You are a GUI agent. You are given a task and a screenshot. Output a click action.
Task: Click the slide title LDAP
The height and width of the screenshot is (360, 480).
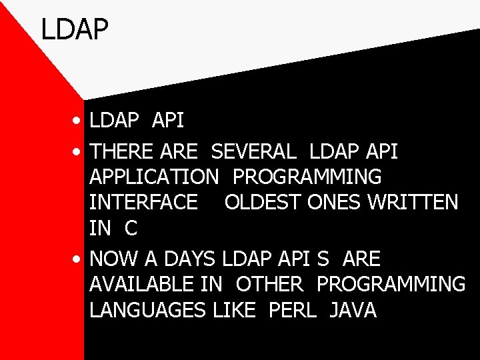point(74,30)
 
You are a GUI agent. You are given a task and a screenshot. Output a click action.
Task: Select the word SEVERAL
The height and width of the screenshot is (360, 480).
point(253,152)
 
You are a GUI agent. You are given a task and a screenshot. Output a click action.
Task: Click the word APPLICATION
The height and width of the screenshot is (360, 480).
point(153,177)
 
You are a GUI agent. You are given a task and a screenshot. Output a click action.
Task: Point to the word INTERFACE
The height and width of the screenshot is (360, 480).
point(143,203)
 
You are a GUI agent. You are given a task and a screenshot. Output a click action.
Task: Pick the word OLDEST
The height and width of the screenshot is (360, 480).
point(263,203)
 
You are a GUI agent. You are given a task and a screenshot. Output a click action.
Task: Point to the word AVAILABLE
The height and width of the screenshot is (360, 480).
point(143,284)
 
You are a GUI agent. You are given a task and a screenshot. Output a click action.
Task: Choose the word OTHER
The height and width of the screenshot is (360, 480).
point(269,284)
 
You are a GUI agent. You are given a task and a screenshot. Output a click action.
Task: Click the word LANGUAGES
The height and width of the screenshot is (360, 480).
point(147,310)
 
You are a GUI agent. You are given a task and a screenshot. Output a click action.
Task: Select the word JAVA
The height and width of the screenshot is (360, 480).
point(353,310)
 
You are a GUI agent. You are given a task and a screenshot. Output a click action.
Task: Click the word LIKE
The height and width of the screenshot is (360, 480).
point(234,310)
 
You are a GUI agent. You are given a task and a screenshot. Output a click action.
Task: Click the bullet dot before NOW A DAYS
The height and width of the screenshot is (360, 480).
point(79,259)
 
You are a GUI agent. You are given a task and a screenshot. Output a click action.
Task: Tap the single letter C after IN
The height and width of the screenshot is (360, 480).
point(130,228)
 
